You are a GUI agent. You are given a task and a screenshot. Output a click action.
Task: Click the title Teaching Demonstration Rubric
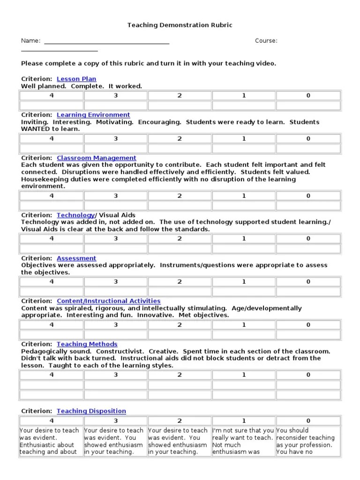click(180, 25)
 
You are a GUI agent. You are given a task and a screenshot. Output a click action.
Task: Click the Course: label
click(266, 41)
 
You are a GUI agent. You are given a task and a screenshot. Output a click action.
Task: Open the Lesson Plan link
click(76, 79)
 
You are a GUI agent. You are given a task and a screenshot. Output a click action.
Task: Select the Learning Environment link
click(93, 115)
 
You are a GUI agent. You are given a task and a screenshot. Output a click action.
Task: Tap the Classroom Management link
click(97, 158)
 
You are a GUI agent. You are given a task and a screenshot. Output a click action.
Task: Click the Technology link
click(75, 215)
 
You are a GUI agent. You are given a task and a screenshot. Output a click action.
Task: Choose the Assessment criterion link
click(76, 258)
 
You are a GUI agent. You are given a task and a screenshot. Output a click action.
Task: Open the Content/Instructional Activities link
click(108, 301)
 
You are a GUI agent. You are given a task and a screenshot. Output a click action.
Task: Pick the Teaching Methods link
click(87, 344)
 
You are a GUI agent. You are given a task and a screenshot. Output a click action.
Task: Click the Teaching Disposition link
click(91, 411)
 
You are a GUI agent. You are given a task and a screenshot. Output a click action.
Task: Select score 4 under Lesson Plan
click(52, 96)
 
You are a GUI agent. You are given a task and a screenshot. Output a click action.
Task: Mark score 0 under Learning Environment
click(308, 139)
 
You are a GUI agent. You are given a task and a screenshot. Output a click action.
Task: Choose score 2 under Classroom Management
click(180, 196)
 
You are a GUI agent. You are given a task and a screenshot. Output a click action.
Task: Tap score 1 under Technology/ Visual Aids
click(244, 239)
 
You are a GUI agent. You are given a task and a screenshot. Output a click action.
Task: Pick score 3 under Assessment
click(116, 282)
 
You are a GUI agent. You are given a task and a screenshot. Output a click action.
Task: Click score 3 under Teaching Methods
click(116, 375)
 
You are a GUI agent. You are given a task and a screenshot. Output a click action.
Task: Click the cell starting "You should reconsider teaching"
click(308, 441)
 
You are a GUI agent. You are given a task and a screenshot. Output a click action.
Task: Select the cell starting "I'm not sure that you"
click(243, 441)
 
